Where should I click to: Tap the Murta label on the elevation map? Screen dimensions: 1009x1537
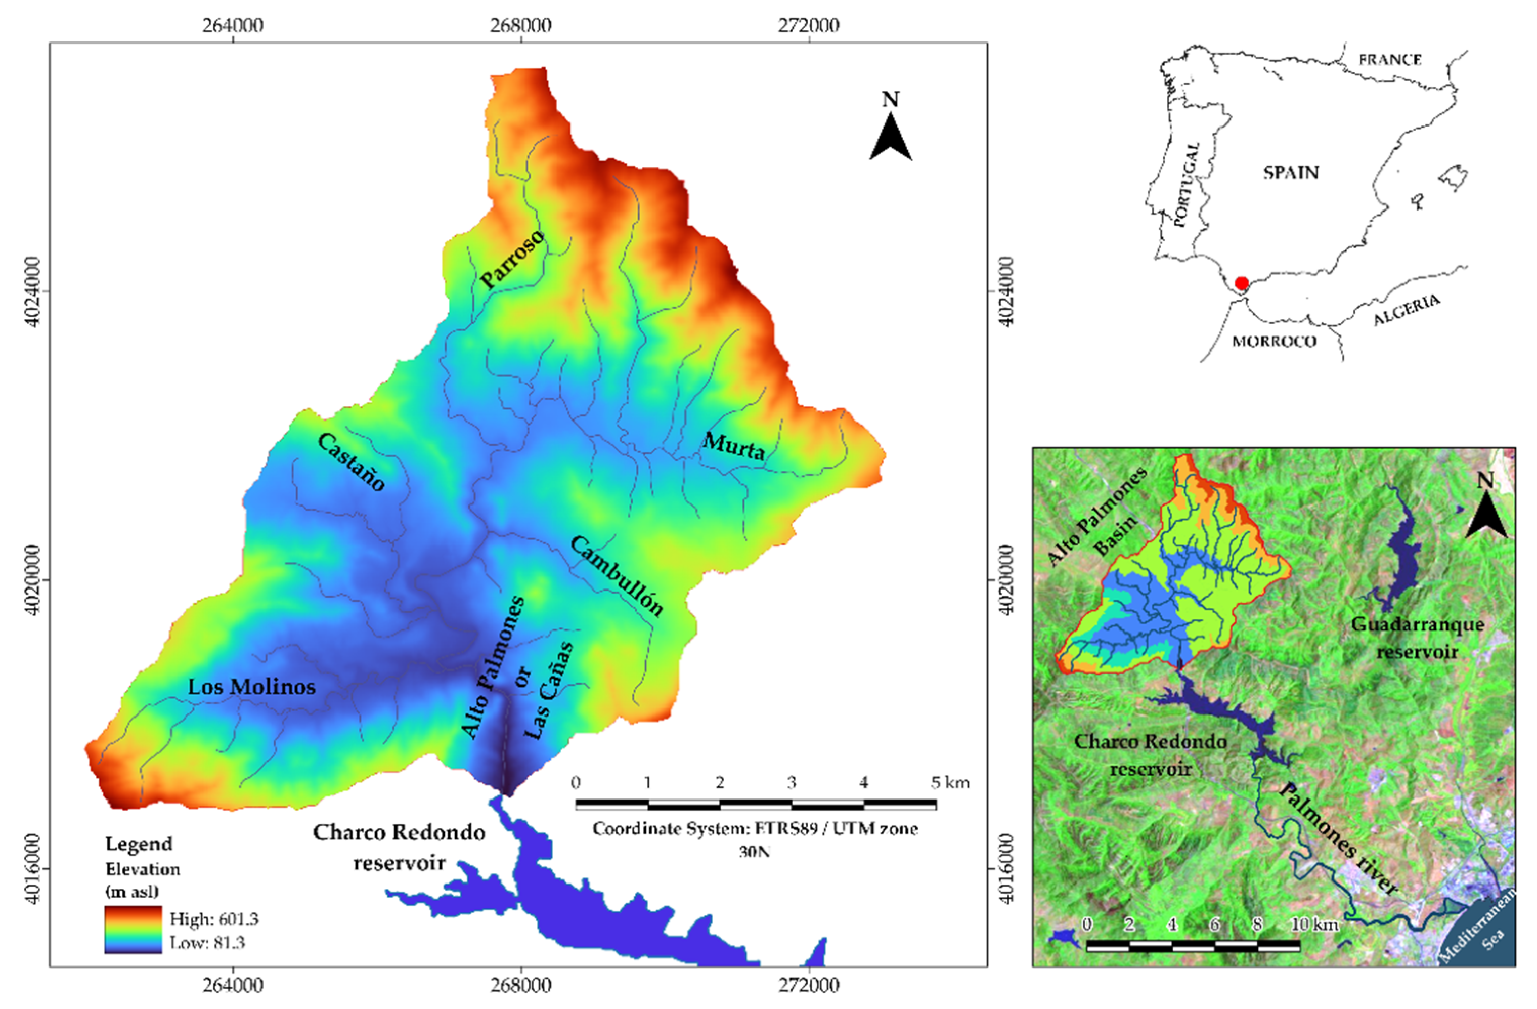click(x=734, y=446)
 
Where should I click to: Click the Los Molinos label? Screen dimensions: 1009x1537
click(x=252, y=687)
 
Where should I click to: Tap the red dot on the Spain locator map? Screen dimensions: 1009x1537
click(x=1241, y=283)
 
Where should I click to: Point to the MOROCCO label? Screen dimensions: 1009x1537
click(x=1274, y=341)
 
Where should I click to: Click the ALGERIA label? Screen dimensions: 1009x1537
click(x=1406, y=310)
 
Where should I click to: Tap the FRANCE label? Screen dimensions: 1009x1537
click(x=1390, y=59)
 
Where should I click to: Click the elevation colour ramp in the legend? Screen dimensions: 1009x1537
click(x=133, y=930)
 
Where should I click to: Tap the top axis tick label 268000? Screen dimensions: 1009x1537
click(x=521, y=25)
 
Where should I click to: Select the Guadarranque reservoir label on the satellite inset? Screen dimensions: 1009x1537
click(x=1418, y=637)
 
